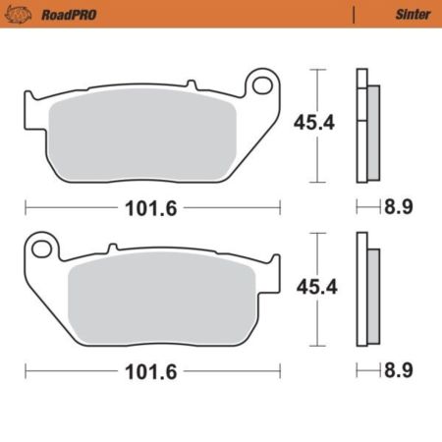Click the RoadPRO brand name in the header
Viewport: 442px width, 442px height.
(68, 15)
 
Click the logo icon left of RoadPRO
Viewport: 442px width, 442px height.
(22, 15)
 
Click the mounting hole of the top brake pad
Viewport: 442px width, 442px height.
(262, 85)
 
